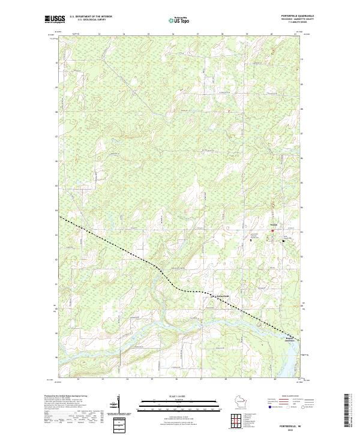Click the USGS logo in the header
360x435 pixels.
[55, 19]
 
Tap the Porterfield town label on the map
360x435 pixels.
[223, 296]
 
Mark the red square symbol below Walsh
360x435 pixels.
[272, 230]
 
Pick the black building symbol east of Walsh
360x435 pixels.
[284, 241]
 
